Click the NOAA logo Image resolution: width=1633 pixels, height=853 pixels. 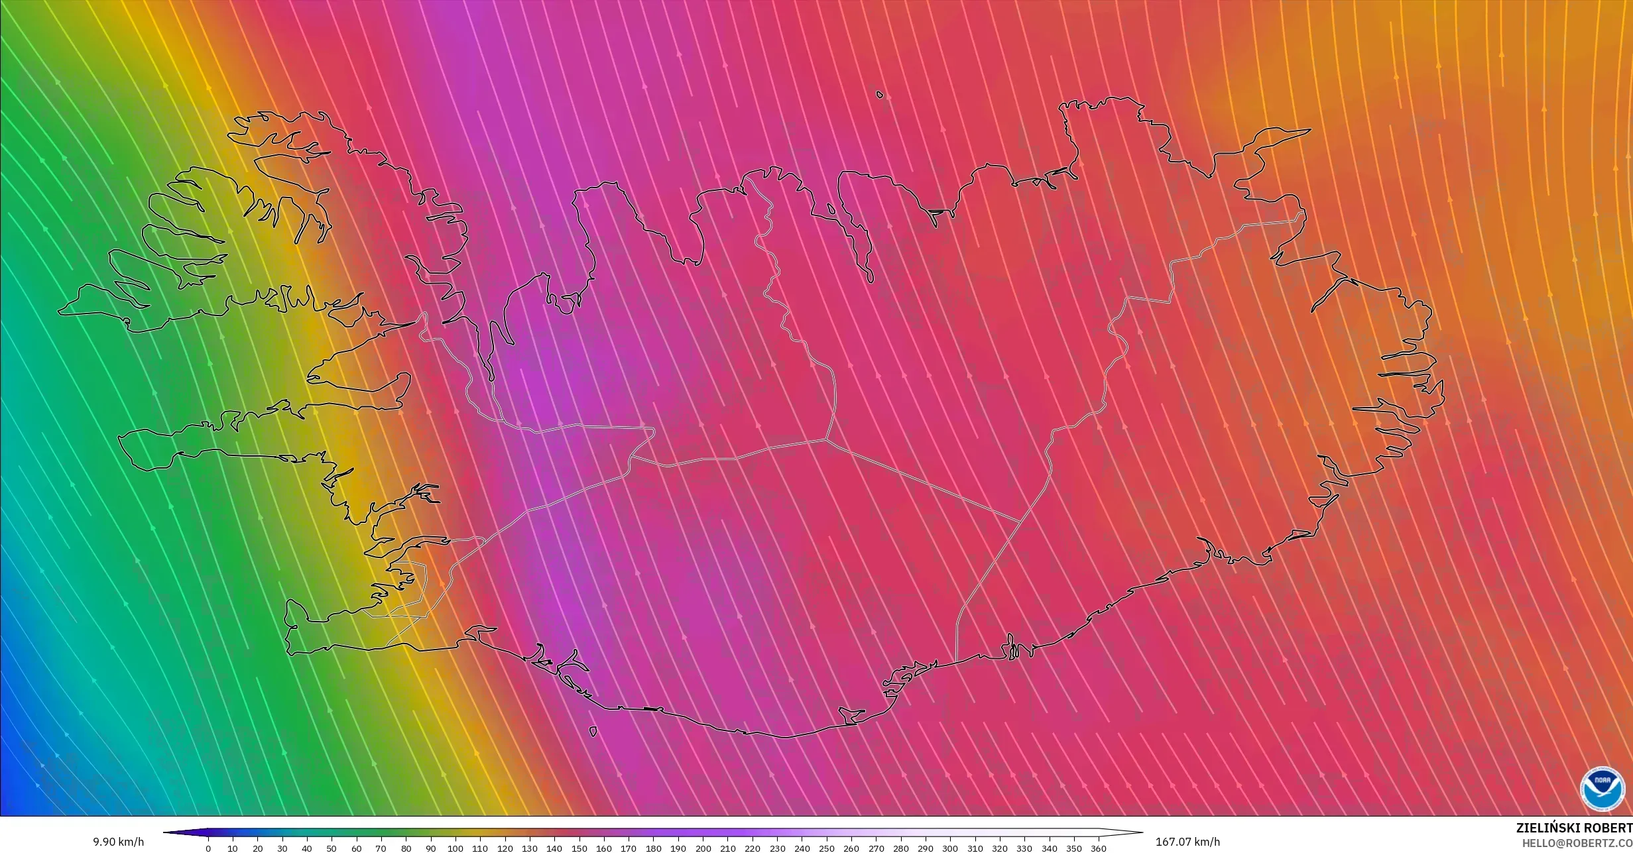tap(1603, 789)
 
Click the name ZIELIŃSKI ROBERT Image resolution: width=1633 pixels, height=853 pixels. tap(1573, 828)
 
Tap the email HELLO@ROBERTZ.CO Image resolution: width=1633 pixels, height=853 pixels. tap(1577, 842)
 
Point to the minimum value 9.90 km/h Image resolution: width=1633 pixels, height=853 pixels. tap(118, 842)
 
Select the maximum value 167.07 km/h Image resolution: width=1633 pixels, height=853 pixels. tap(1187, 842)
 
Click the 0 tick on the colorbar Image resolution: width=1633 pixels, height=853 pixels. tap(208, 848)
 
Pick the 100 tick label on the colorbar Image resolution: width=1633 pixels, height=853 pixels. tap(455, 848)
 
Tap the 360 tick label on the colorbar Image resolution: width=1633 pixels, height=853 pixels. tap(1098, 848)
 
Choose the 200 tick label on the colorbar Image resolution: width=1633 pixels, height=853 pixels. tap(702, 848)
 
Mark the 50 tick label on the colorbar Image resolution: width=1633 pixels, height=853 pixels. tap(332, 848)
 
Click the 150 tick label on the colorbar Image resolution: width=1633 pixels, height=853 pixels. tap(579, 848)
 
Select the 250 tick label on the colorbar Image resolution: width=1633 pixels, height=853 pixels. tap(826, 848)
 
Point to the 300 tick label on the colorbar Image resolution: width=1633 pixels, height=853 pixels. tap(949, 848)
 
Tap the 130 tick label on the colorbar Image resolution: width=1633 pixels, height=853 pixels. tap(529, 848)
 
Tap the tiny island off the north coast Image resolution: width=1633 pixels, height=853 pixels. tap(880, 95)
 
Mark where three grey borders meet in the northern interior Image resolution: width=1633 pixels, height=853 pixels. tap(825, 439)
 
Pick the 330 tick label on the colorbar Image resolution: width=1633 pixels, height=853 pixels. tap(1024, 848)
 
